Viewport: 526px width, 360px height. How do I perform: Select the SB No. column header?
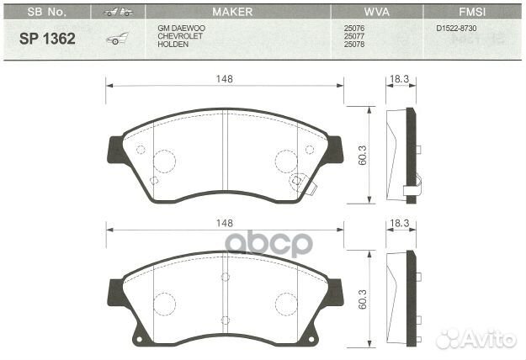click(x=47, y=13)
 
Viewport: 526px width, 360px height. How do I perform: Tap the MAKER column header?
click(x=231, y=13)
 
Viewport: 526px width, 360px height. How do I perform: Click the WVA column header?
click(x=376, y=13)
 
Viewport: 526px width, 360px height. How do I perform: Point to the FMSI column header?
click(x=470, y=13)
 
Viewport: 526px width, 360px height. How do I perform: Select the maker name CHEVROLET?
click(x=180, y=36)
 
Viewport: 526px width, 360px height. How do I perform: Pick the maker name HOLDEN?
click(x=173, y=44)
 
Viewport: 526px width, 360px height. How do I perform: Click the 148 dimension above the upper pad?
click(x=224, y=78)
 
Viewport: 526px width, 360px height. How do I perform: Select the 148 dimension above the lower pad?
click(x=224, y=223)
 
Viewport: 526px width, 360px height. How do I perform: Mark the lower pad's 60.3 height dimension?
click(x=363, y=299)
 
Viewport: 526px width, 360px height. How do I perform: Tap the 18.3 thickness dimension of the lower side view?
click(x=400, y=223)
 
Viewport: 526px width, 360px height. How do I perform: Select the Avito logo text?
click(x=489, y=338)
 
